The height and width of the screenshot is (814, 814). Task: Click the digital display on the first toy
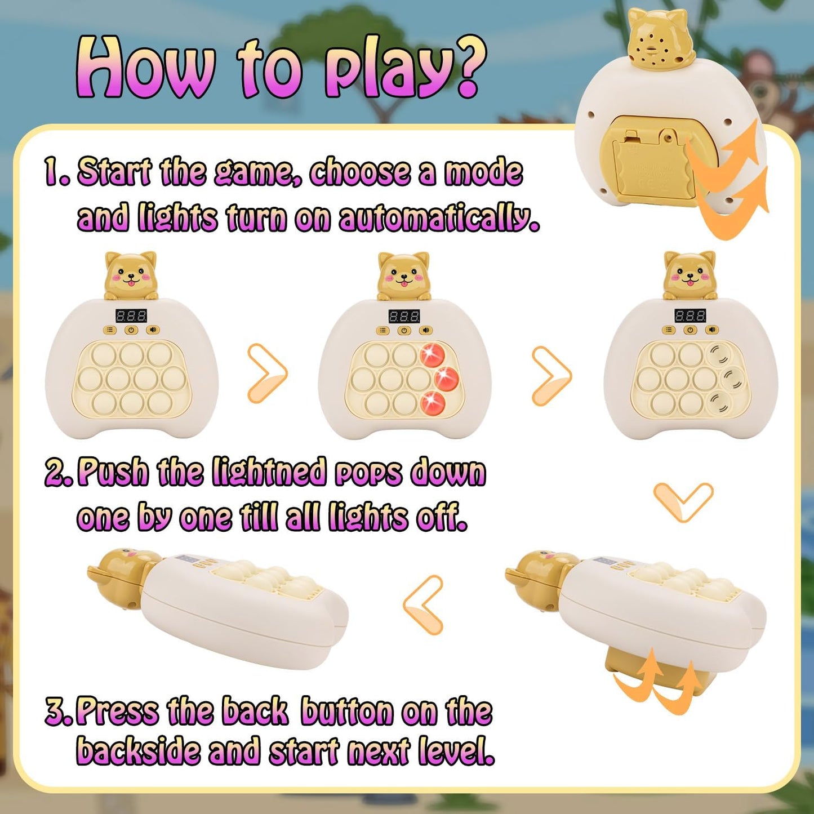[x=131, y=315]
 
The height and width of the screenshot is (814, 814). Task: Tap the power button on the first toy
[x=131, y=330]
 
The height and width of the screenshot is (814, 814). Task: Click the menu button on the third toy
[x=668, y=330]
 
